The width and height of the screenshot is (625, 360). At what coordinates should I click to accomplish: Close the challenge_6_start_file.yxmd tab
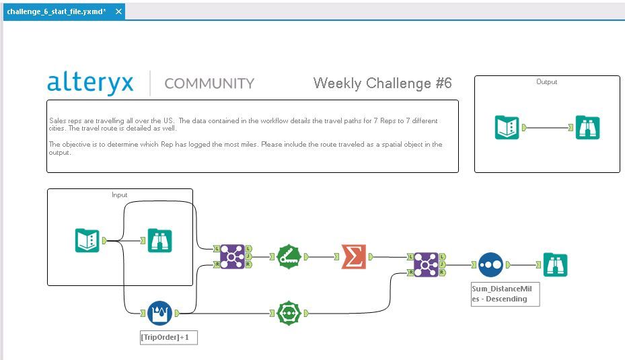pos(118,11)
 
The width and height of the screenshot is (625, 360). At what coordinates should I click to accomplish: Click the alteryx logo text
pos(90,83)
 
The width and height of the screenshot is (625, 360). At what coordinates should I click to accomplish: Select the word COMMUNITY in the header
pos(209,83)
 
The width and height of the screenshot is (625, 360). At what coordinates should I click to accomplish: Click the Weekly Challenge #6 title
pos(382,83)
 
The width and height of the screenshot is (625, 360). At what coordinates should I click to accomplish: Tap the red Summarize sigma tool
pos(354,257)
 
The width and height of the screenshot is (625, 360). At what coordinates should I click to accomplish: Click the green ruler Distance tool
pos(289,257)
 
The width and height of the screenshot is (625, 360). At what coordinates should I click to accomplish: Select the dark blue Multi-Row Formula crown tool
pos(159,313)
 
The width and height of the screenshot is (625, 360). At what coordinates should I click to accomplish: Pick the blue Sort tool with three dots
pos(490,264)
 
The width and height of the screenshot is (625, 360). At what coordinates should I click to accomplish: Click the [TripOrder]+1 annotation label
pos(169,337)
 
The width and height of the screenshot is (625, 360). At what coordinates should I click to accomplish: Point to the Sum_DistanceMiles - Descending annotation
pos(505,294)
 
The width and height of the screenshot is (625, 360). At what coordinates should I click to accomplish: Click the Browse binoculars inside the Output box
pos(587,128)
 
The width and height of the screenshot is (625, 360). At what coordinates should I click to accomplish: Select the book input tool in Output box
pos(507,128)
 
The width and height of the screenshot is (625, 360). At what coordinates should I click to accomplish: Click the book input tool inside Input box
pos(87,240)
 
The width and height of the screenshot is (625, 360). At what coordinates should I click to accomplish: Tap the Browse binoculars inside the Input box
pos(159,240)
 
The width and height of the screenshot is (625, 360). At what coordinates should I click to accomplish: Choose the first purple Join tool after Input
pos(232,257)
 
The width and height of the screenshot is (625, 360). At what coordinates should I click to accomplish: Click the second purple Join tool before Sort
pos(426,264)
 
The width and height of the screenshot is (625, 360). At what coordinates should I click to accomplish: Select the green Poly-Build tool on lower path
pos(289,313)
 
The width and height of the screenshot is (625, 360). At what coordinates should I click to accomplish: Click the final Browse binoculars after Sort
pos(555,264)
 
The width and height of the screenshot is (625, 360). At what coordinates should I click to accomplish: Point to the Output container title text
pos(546,81)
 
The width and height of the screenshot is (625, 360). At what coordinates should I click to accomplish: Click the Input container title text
pos(120,195)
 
